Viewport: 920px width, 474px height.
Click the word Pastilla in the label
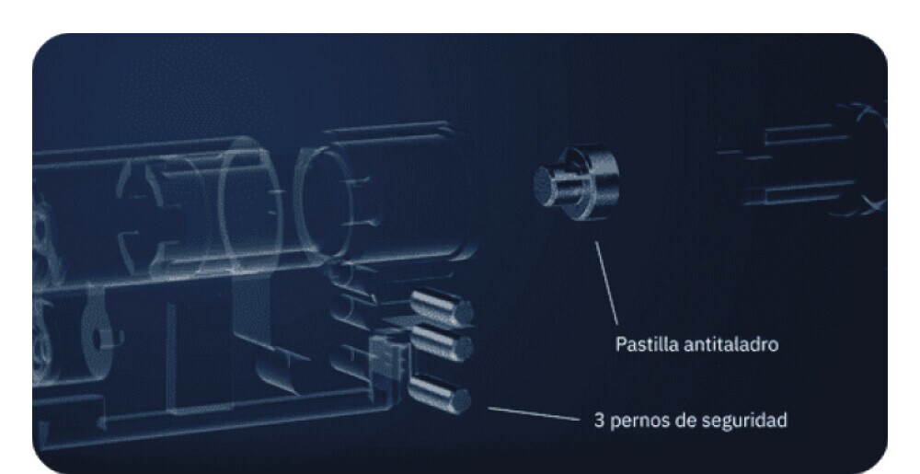click(x=643, y=345)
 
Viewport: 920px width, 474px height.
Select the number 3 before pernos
click(x=599, y=421)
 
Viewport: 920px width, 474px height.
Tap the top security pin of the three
click(x=443, y=307)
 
